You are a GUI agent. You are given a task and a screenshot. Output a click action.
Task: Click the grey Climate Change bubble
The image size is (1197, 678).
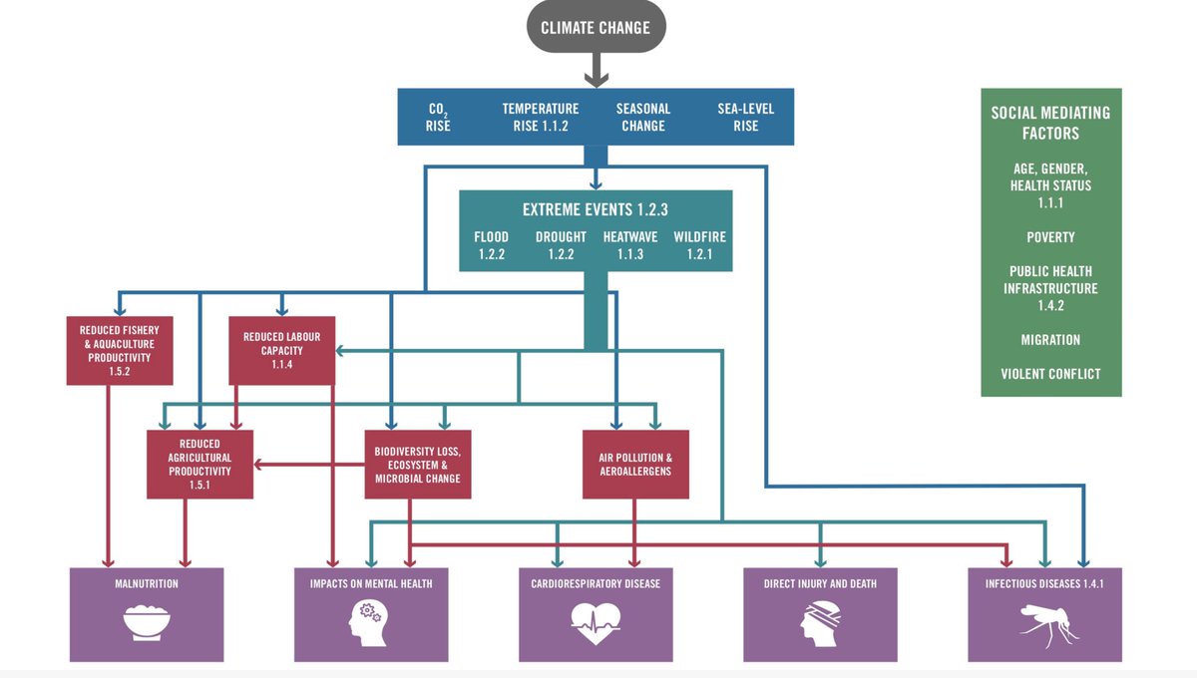click(x=596, y=28)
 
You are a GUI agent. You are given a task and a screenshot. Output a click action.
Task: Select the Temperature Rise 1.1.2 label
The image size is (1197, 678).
click(x=540, y=118)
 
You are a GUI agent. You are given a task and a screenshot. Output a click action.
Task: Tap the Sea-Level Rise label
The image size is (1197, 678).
click(x=745, y=118)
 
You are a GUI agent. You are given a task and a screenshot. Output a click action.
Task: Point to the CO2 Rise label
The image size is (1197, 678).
click(x=439, y=118)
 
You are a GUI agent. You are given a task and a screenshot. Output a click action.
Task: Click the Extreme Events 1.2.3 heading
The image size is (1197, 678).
click(x=595, y=210)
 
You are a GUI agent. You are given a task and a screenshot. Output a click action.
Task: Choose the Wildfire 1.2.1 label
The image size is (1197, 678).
click(x=699, y=245)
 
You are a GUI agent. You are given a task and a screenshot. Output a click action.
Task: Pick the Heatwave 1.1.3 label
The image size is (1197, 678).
click(x=629, y=245)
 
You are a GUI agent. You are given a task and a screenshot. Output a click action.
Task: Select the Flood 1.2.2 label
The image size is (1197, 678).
click(x=491, y=245)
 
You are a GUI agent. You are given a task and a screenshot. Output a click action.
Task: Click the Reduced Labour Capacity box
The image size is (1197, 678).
click(x=281, y=350)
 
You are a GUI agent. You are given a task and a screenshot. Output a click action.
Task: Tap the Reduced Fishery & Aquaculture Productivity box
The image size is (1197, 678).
click(x=120, y=350)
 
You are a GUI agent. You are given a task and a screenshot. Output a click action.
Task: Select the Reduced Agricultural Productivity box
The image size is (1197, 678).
click(x=199, y=464)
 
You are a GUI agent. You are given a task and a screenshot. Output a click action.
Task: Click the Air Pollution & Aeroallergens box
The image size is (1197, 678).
click(x=635, y=464)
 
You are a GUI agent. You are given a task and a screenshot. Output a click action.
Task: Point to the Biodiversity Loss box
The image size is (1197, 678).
click(x=417, y=464)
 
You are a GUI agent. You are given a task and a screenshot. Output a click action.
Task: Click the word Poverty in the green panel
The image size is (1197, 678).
click(x=1050, y=237)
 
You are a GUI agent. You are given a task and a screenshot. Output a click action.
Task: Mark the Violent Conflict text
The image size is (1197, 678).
click(x=1050, y=374)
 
